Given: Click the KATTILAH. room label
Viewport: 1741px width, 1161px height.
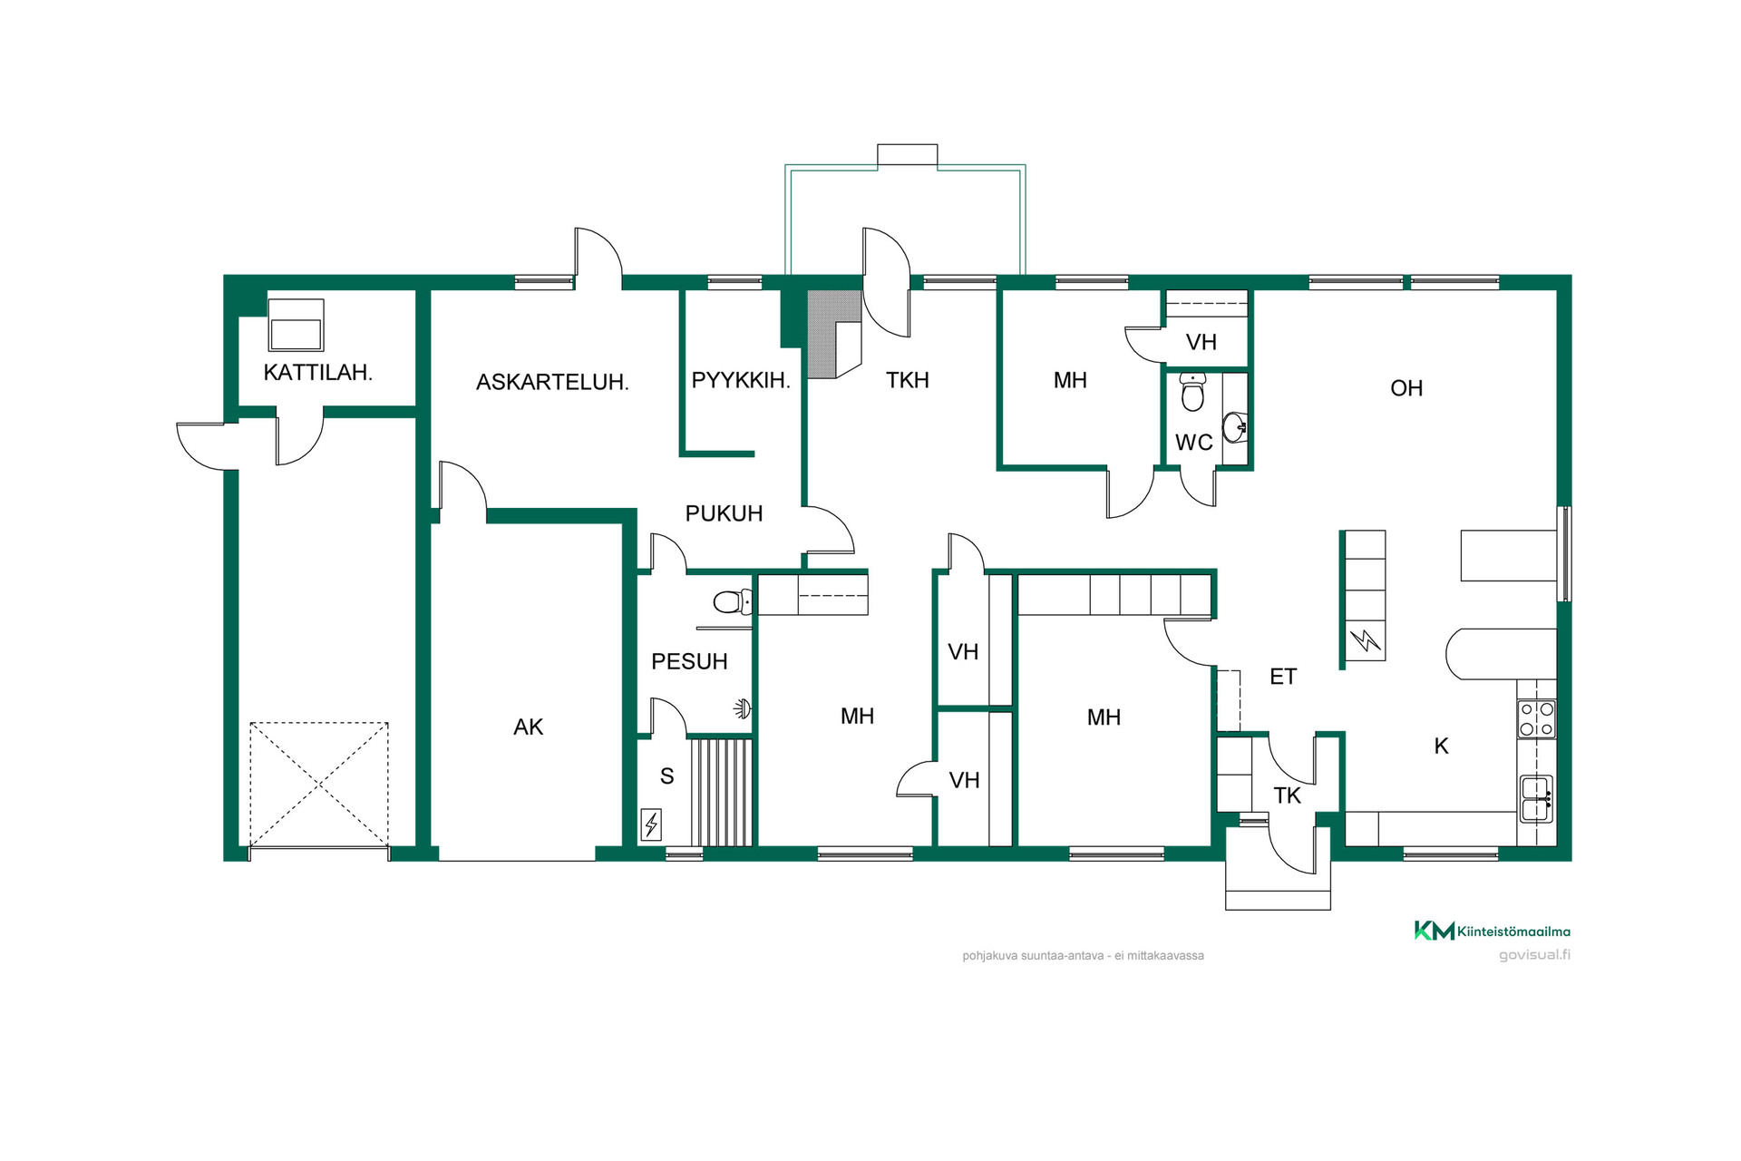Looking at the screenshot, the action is [317, 372].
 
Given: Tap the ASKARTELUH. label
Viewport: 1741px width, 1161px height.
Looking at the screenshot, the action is [552, 382].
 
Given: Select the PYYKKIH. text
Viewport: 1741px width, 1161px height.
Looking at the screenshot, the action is [741, 380].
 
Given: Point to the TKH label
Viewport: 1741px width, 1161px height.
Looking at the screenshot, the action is [908, 380].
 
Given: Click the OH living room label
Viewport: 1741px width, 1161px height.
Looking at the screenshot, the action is [1406, 388].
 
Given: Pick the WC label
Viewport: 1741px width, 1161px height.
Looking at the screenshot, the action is [1194, 443].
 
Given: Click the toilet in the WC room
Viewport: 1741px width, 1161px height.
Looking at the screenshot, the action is [1193, 392].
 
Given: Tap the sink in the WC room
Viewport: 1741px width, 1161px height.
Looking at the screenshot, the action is [1235, 426].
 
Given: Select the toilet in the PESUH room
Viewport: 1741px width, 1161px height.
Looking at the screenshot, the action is [733, 601].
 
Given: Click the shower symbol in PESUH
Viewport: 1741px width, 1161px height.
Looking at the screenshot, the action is [744, 708].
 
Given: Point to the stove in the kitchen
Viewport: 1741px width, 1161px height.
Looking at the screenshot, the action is [1537, 719].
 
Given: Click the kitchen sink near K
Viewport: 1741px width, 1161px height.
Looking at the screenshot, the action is [1537, 799].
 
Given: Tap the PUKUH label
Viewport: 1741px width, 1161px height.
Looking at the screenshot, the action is [724, 513].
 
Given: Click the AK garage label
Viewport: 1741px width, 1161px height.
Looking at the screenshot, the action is [529, 727].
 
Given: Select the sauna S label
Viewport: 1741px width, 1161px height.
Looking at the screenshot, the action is [667, 776].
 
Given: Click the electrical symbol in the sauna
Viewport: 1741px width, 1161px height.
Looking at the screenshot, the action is [651, 824].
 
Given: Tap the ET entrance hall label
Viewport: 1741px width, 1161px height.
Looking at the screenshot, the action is [1283, 677].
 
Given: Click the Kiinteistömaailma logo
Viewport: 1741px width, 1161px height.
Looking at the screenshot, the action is [1493, 931].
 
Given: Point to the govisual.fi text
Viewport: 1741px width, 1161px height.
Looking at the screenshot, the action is [1534, 955].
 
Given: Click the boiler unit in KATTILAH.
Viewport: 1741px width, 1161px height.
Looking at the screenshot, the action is [297, 325].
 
